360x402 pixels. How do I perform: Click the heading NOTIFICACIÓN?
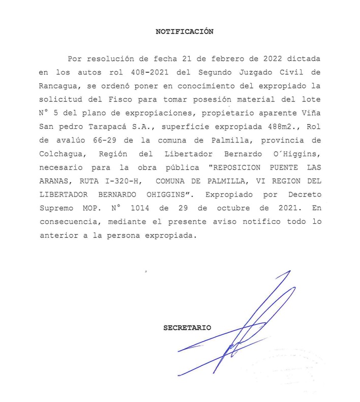(x=184, y=32)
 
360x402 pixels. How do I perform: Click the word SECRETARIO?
(x=187, y=328)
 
